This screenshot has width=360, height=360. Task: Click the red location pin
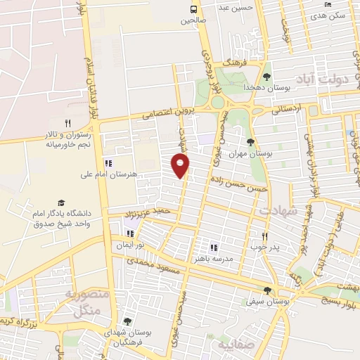(x=181, y=165)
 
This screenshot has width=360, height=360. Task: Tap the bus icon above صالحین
(x=193, y=9)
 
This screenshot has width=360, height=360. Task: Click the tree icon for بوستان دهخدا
(x=266, y=77)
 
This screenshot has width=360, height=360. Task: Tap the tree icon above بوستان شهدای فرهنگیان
(x=127, y=321)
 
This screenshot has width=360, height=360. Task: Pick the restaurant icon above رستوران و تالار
(x=67, y=124)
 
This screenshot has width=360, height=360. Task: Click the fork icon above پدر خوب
(x=265, y=237)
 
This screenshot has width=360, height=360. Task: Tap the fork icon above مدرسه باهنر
(x=214, y=247)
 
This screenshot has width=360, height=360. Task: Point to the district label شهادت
(x=278, y=210)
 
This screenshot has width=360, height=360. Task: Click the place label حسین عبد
(x=233, y=8)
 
